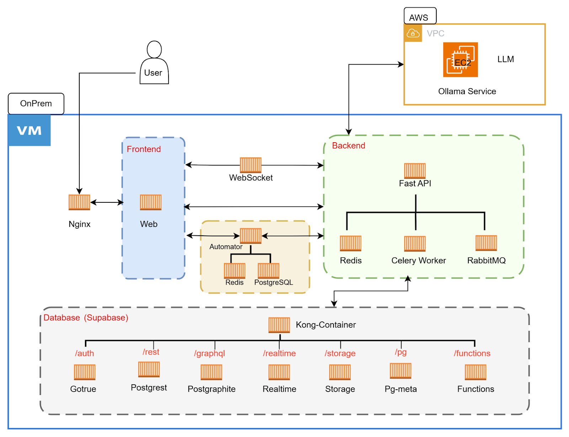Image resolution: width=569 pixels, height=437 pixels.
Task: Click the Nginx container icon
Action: [x=79, y=202]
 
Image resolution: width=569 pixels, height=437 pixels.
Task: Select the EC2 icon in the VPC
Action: [x=460, y=60]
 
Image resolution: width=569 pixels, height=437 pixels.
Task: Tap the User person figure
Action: [x=154, y=63]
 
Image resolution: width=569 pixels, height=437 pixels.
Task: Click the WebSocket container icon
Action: [x=251, y=165]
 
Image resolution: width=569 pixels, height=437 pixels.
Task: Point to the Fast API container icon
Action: [x=415, y=171]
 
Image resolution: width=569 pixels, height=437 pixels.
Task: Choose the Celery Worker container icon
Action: [x=415, y=244]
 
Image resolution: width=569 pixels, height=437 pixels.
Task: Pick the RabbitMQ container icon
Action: [x=486, y=243]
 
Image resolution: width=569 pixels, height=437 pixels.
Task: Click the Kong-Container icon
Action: [x=279, y=325]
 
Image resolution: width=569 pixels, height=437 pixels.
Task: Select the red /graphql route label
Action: [x=209, y=353]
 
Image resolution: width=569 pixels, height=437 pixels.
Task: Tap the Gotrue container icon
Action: [x=85, y=372]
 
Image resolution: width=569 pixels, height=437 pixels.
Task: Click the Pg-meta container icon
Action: [x=400, y=371]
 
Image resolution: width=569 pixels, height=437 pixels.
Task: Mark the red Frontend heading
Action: [x=144, y=149]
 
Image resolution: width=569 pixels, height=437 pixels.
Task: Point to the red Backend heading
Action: [x=349, y=146]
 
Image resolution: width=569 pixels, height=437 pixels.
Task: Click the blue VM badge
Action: [x=30, y=130]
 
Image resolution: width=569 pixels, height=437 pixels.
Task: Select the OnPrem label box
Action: [x=36, y=103]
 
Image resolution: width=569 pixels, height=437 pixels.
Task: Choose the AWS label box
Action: [x=420, y=16]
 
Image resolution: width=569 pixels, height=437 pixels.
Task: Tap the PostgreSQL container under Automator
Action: [x=268, y=271]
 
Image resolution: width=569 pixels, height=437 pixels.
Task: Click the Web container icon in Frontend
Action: [x=150, y=202]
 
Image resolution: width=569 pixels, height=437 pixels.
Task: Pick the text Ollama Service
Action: [x=467, y=92]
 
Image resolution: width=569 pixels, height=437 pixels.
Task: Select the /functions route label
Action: [x=472, y=353]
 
